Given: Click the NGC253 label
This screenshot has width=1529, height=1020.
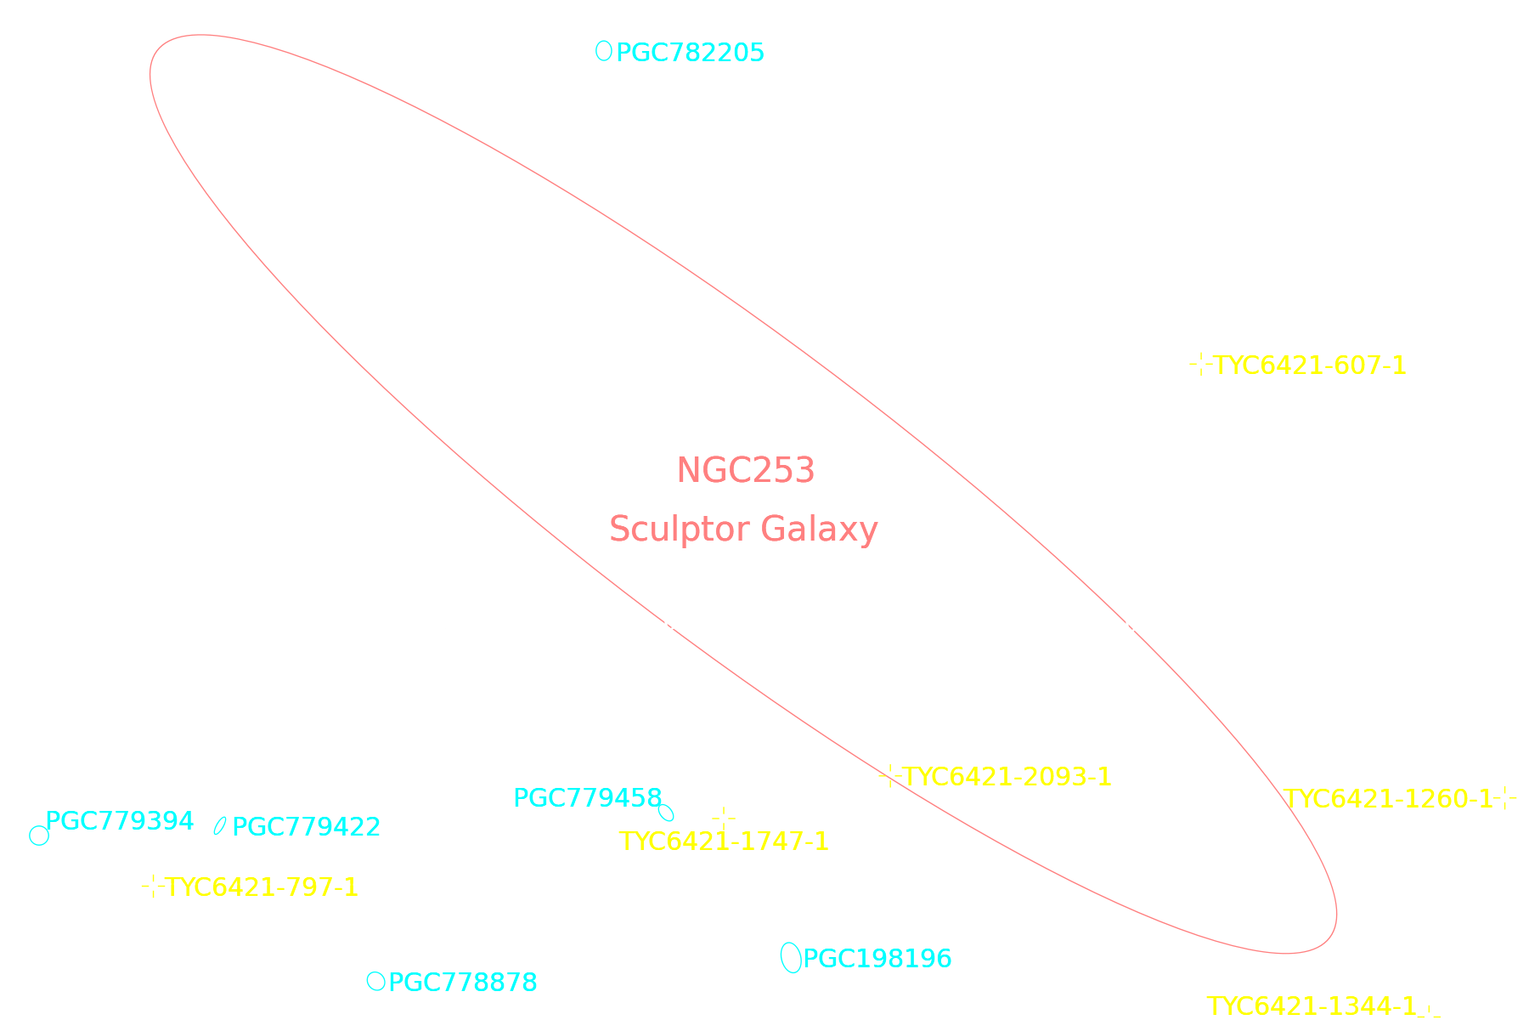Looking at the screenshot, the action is [x=746, y=471].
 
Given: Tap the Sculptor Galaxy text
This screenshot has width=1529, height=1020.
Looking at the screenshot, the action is [x=743, y=530].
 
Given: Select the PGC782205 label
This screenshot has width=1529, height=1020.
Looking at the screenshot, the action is [x=690, y=53].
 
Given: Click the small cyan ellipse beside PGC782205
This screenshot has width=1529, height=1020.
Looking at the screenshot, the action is [x=604, y=51].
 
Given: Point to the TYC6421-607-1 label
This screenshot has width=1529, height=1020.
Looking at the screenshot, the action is [x=1310, y=365].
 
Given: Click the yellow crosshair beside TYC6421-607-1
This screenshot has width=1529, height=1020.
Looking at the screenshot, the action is [x=1200, y=365].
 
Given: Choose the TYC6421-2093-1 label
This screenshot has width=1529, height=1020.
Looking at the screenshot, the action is [x=1007, y=777].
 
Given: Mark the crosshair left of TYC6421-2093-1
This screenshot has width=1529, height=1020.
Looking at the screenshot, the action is [x=889, y=777].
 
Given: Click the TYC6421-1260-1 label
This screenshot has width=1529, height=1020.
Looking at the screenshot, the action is [x=1388, y=799].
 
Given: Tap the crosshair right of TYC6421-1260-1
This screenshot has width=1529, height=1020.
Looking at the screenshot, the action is [x=1505, y=799].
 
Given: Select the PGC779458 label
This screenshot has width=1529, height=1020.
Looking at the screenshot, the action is [x=588, y=798].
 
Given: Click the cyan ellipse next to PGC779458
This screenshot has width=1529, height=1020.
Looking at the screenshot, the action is [x=666, y=813].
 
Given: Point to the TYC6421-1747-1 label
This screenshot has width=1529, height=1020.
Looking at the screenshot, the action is [x=724, y=841].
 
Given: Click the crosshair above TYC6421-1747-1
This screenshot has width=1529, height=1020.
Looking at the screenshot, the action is [x=724, y=818].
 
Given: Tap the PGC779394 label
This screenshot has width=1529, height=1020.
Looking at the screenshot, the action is [x=119, y=821].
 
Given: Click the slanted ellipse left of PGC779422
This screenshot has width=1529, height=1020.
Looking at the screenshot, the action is [x=220, y=825].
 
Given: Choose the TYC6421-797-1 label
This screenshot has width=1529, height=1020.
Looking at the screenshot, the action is [x=262, y=887].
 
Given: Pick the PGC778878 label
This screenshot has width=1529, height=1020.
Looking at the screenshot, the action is [x=463, y=983].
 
